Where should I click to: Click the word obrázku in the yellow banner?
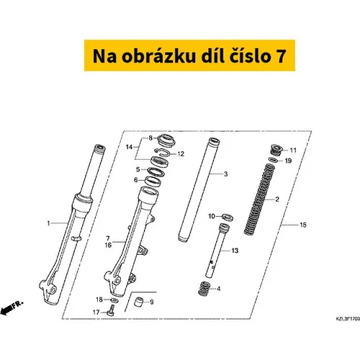pos(158,56)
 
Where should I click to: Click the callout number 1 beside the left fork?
pos(48,223)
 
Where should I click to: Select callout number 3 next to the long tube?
pos(225,174)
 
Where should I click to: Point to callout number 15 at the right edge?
pos(303,225)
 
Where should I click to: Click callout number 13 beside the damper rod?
pos(235,251)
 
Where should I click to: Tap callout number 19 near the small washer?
pos(288,161)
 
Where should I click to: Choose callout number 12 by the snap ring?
pos(181,154)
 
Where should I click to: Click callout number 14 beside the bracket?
pos(129,147)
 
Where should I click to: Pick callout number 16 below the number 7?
pos(108,245)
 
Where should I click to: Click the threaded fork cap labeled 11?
pos(276,150)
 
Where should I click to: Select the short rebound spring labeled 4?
pos(204,289)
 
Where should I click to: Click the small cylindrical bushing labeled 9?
pos(138,302)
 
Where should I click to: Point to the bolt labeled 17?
pos(112,310)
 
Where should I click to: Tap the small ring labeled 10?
pos(228,217)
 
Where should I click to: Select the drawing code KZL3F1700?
pos(348,319)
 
